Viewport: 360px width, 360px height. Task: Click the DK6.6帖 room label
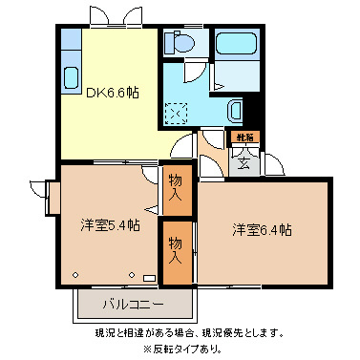tap(113, 94)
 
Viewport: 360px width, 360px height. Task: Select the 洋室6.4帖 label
tap(262, 230)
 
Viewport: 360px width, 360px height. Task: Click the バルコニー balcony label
tap(133, 307)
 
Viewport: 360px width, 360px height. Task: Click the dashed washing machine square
tap(177, 113)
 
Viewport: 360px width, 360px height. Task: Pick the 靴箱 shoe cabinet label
tap(246, 138)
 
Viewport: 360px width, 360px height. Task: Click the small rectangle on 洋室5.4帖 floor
tap(148, 278)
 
